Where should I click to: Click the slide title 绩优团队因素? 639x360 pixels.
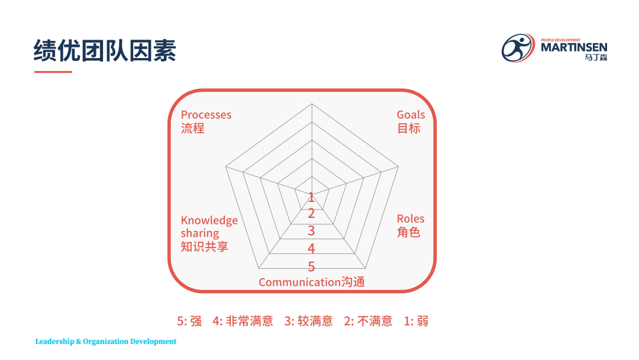105,50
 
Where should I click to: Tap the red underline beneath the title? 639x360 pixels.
53,72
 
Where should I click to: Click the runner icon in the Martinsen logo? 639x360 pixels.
518,48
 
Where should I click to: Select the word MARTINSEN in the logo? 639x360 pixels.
574,47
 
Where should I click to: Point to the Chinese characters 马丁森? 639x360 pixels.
596,57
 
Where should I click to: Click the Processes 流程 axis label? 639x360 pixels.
206,121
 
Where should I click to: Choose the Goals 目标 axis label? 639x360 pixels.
411,121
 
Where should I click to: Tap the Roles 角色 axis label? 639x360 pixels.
411,226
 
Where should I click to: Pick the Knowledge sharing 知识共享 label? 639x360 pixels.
209,233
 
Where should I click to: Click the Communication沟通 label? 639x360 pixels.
312,282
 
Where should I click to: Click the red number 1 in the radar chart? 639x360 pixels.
311,198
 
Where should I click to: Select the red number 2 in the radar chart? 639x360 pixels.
311,214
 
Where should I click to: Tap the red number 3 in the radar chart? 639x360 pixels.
311,231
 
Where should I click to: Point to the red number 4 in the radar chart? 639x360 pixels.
311,248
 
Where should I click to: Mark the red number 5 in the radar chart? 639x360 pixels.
311,266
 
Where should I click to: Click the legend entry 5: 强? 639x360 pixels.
189,322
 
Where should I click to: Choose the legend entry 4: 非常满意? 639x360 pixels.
243,322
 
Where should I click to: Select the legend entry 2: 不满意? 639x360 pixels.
368,322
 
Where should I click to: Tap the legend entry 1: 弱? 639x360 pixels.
416,322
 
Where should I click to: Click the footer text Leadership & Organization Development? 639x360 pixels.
105,342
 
